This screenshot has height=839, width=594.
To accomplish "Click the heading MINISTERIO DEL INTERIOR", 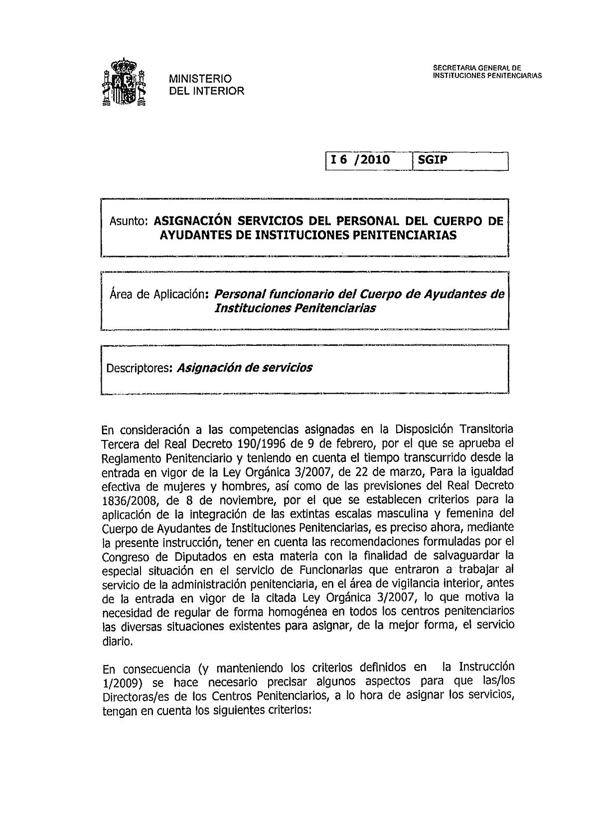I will [x=206, y=85].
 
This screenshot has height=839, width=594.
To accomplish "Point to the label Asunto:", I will [x=128, y=221].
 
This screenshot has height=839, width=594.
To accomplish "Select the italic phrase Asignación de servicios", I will [x=245, y=368].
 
